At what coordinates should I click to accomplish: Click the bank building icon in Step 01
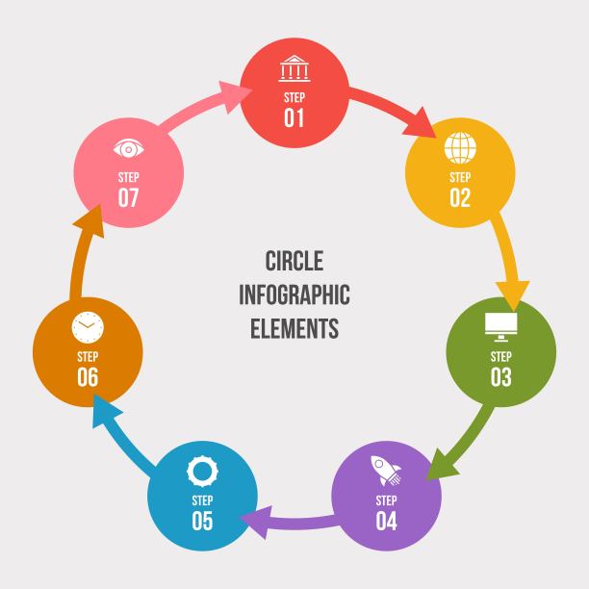click(x=294, y=68)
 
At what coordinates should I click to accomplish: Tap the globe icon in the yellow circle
click(x=460, y=147)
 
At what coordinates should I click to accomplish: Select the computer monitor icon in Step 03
click(x=501, y=327)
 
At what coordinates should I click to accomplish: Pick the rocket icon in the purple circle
click(x=386, y=471)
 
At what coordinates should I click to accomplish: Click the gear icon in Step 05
click(x=202, y=471)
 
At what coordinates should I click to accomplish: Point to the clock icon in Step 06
click(x=88, y=327)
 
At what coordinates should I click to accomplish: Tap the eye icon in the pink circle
click(x=128, y=149)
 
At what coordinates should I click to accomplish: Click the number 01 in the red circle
click(x=294, y=118)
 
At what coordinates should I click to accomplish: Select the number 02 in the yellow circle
click(x=460, y=197)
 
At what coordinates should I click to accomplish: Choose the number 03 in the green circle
click(x=501, y=376)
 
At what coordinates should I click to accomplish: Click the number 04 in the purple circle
click(x=386, y=521)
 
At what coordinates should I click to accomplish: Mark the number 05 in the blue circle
click(x=202, y=521)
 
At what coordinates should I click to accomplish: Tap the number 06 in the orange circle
click(x=88, y=376)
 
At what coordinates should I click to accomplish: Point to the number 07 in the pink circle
click(x=128, y=197)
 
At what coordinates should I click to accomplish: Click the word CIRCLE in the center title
click(x=294, y=261)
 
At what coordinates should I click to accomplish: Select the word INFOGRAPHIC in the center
click(x=294, y=294)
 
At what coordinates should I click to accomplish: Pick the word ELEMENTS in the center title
click(x=294, y=328)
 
